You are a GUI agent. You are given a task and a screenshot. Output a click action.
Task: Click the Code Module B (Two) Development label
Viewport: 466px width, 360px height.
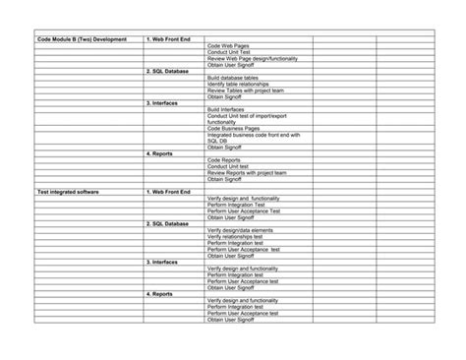pyautogui.click(x=82, y=39)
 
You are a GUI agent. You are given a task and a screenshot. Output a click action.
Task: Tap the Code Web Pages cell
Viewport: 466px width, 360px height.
pyautogui.click(x=229, y=46)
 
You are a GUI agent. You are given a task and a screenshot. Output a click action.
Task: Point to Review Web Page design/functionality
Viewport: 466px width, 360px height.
pyautogui.click(x=252, y=58)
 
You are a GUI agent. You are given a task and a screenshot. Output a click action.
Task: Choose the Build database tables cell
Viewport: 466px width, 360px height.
pyautogui.click(x=234, y=78)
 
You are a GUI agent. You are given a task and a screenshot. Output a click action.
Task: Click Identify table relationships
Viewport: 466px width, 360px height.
pyautogui.click(x=239, y=84)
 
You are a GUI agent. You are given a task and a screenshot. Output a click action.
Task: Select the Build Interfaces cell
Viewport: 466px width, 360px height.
pyautogui.click(x=226, y=109)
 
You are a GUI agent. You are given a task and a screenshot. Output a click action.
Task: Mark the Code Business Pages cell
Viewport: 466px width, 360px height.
pyautogui.click(x=232, y=129)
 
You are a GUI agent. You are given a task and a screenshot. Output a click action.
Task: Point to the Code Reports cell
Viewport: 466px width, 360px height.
pyautogui.click(x=224, y=159)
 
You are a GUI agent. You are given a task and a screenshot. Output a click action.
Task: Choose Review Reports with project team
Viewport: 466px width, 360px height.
pyautogui.click(x=247, y=172)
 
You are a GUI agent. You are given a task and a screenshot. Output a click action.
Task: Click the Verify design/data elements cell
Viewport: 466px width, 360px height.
pyautogui.click(x=239, y=229)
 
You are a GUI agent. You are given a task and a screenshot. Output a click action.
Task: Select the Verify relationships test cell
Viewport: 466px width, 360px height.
pyautogui.click(x=235, y=236)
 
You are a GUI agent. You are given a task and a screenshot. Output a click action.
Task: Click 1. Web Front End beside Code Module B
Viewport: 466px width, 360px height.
pyautogui.click(x=168, y=39)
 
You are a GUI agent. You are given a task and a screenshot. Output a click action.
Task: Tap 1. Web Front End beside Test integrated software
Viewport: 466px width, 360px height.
pyautogui.click(x=168, y=191)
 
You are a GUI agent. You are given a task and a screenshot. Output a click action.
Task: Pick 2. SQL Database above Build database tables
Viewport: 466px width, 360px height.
pyautogui.click(x=167, y=71)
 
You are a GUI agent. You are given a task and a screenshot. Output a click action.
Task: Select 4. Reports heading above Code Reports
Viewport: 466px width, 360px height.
pyautogui.click(x=161, y=153)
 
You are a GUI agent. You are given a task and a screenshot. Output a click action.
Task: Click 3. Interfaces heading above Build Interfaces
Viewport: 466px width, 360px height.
pyautogui.click(x=162, y=102)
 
